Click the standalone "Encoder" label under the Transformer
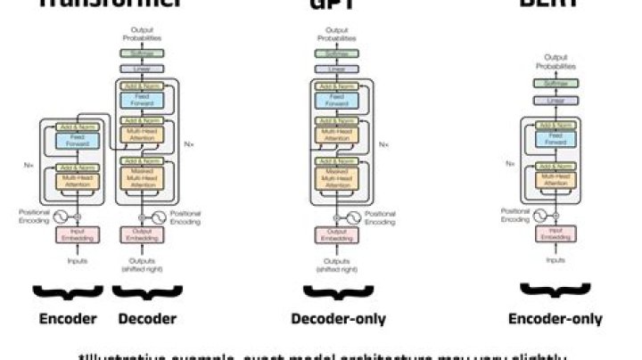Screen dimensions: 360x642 pyautogui.click(x=69, y=319)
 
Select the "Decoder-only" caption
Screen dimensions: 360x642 pyautogui.click(x=336, y=319)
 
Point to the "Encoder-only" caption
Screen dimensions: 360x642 pyautogui.click(x=555, y=319)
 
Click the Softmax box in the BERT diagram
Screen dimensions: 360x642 pyautogui.click(x=556, y=83)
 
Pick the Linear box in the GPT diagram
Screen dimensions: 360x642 pyautogui.click(x=337, y=69)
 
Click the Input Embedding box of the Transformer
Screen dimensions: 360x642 pyautogui.click(x=76, y=234)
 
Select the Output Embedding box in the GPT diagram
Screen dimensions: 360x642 pyautogui.click(x=337, y=234)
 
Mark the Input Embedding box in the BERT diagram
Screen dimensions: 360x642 pyautogui.click(x=556, y=234)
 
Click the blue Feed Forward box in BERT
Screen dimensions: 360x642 pyautogui.click(x=556, y=138)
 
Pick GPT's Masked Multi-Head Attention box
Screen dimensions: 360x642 pyautogui.click(x=337, y=174)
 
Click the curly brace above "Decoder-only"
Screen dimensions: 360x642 pyautogui.click(x=336, y=291)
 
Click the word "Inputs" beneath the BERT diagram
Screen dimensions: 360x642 pyautogui.click(x=556, y=260)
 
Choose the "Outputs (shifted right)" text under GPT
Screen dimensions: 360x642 pyautogui.click(x=337, y=264)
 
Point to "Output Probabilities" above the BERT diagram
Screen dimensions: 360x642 pyautogui.click(x=556, y=61)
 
